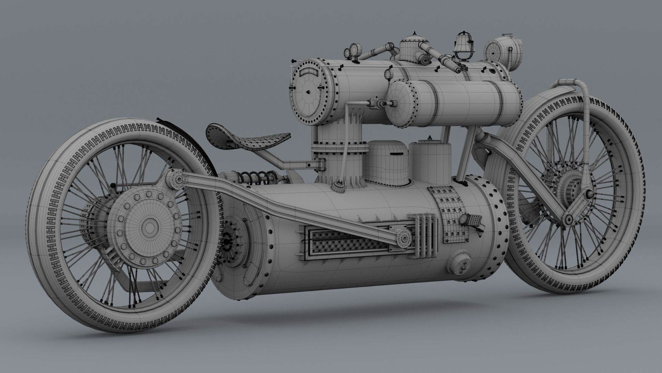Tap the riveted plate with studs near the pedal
point(452,214)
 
